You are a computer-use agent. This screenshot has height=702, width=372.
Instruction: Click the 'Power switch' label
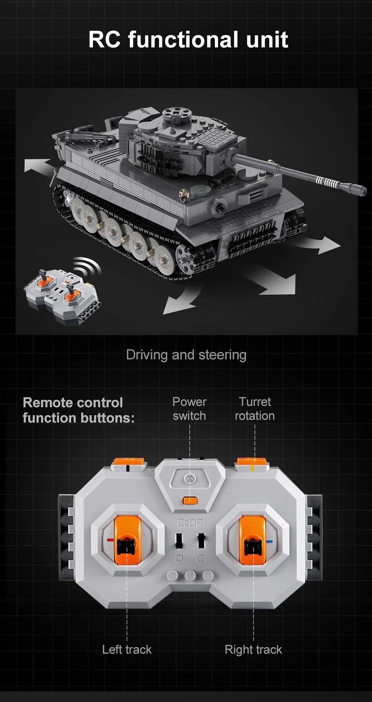coord(190,409)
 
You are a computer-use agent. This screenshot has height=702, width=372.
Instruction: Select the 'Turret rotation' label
coord(255,409)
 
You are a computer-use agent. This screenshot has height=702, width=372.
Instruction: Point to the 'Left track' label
coord(127,649)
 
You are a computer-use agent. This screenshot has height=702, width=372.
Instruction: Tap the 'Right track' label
coord(253,649)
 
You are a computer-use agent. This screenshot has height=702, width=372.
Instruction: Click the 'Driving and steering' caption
coord(186,355)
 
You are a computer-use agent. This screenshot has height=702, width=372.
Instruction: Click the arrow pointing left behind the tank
coord(38,165)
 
